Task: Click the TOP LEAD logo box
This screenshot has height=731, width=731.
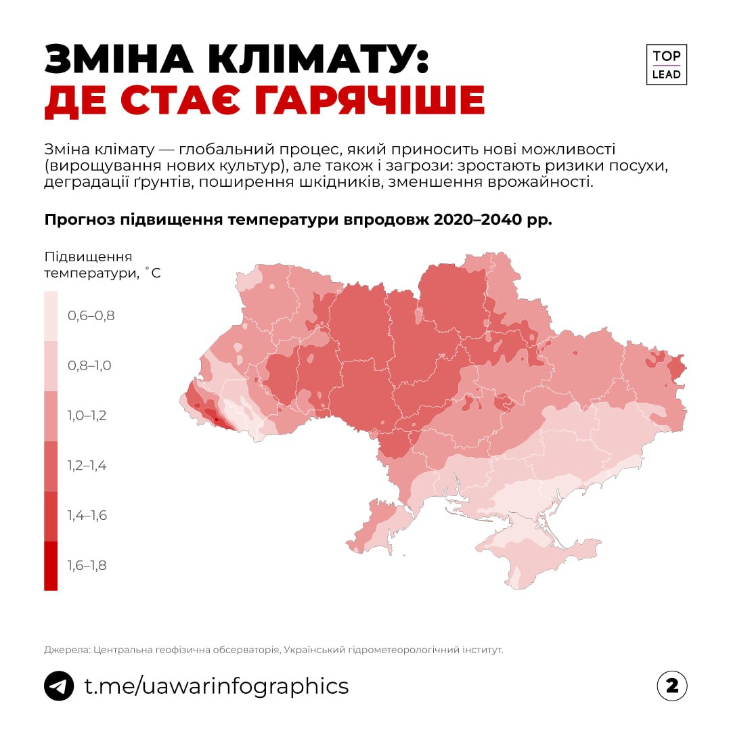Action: point(666,65)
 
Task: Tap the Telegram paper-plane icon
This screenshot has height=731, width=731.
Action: point(59,686)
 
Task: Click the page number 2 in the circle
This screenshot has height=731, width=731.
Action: point(671,686)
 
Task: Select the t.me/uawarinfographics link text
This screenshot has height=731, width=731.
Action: point(216,686)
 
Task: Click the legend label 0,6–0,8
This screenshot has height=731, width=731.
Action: point(91,315)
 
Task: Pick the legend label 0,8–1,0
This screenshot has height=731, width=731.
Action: point(89,365)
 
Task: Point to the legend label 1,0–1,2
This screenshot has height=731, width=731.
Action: point(87,416)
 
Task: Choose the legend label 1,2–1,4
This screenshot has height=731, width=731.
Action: point(87,466)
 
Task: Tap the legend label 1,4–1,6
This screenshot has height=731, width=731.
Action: point(87,516)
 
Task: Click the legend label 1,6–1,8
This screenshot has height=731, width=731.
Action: point(87,566)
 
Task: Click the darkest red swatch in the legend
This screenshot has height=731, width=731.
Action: point(51,566)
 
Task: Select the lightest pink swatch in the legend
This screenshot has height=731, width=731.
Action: point(51,315)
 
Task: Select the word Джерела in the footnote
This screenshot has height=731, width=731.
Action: point(66,650)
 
